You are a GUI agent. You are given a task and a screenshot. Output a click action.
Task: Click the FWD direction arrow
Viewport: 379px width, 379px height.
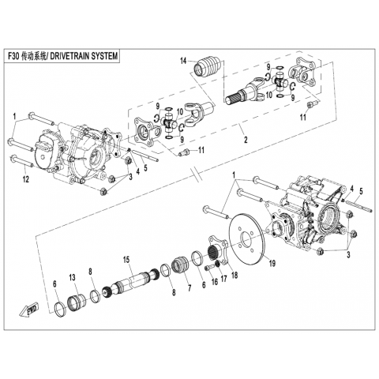[29, 310]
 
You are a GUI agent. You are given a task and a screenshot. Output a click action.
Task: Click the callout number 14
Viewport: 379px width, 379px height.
[183, 61]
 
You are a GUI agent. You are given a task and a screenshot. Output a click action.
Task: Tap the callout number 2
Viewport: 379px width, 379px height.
[246, 140]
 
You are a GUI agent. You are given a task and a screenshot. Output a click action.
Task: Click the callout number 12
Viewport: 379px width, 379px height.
[26, 179]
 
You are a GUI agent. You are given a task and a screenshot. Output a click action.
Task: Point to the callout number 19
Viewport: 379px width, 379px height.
[272, 263]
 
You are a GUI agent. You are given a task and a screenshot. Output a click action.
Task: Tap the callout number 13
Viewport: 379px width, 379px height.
[72, 277]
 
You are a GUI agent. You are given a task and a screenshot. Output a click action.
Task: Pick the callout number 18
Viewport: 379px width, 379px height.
[234, 275]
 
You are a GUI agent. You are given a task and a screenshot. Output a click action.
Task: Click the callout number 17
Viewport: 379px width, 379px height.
[223, 279]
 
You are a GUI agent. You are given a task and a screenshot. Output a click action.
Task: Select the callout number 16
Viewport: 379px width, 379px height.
[215, 281]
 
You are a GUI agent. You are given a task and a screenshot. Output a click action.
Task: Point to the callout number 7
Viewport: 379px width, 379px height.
[189, 288]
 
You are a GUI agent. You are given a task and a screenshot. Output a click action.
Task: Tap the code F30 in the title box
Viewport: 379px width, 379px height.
[13, 56]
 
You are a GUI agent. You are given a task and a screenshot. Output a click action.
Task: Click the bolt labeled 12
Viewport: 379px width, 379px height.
[21, 162]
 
